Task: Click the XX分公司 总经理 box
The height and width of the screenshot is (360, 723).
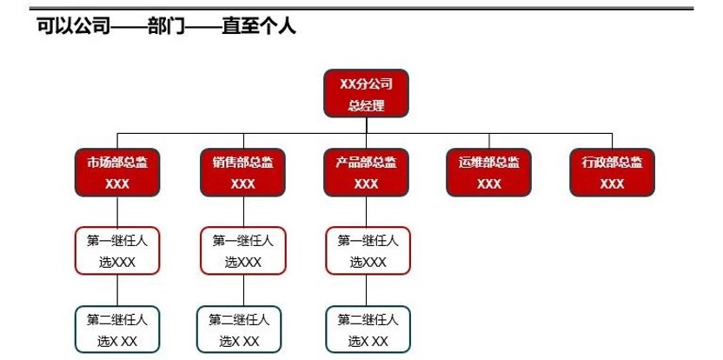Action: coord(366,94)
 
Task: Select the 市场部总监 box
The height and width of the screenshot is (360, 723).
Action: coord(117,172)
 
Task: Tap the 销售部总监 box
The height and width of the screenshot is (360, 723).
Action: coord(242,172)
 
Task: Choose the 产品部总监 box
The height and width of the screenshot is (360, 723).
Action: coord(366,172)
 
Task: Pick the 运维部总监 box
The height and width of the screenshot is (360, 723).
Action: coord(489,172)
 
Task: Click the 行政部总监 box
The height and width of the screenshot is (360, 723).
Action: coord(612,172)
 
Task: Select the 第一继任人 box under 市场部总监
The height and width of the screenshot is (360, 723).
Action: coord(117,250)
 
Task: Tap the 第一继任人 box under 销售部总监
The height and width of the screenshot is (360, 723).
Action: coord(242,250)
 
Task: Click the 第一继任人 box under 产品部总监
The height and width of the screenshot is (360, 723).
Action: coord(368,250)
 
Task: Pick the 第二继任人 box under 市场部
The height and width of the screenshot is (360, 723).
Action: coord(117,330)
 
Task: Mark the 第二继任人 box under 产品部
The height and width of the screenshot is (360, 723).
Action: coord(368,330)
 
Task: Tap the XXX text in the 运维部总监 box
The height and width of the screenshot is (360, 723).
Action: coord(489,183)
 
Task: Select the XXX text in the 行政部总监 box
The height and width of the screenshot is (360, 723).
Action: coord(612,183)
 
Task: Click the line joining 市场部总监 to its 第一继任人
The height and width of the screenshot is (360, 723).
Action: coord(117,211)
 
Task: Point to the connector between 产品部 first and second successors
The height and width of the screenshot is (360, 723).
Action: coord(367,290)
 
